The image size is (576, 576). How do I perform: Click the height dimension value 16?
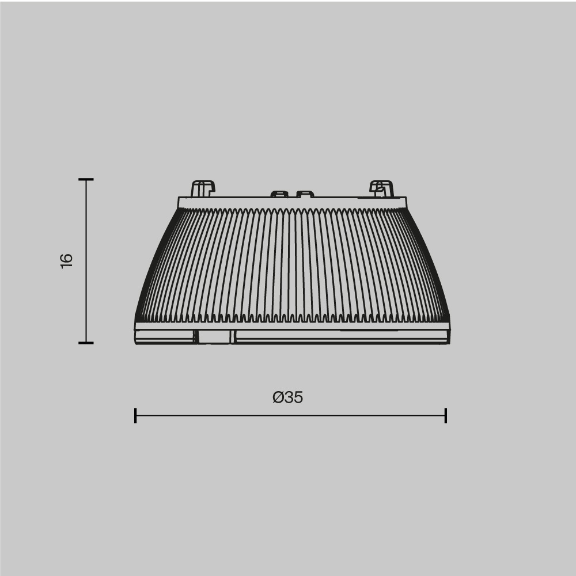click(67, 260)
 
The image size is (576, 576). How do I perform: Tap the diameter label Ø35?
click(288, 397)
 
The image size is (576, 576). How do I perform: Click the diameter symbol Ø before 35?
click(278, 397)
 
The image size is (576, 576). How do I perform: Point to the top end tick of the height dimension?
click(86, 180)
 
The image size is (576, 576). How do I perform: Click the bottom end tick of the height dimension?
click(86, 343)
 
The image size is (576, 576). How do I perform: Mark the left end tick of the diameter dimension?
click(135, 415)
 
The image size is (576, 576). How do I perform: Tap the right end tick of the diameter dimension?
click(446, 415)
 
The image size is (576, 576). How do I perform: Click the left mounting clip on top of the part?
click(202, 188)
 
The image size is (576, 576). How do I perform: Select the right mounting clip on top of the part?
click(381, 188)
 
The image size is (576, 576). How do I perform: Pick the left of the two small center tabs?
click(279, 194)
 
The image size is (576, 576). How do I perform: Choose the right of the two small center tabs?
click(305, 194)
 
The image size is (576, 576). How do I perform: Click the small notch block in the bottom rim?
click(215, 337)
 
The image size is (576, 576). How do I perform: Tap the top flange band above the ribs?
click(292, 202)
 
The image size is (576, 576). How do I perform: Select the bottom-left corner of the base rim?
click(137, 343)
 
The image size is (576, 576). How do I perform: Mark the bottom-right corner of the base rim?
click(448, 343)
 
